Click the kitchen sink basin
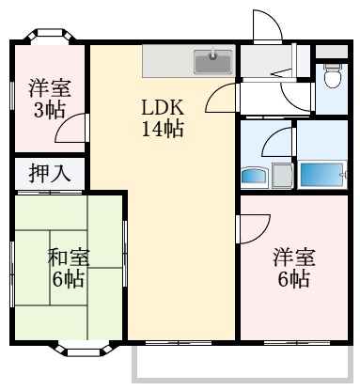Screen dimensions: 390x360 point(213,63)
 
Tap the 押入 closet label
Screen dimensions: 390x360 point(48,173)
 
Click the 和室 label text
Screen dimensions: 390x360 point(67,256)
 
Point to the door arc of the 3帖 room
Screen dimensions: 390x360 point(72,129)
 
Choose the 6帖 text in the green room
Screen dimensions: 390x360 point(67,279)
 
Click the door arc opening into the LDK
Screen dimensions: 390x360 point(222,97)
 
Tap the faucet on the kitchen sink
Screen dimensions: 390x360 point(213,55)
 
